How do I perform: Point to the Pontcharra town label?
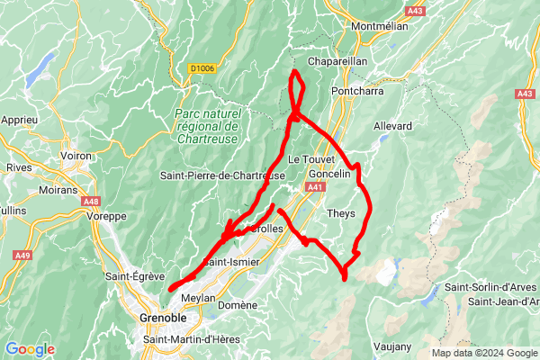(x=357, y=92)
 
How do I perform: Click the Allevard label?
(x=391, y=125)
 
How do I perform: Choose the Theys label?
(x=341, y=213)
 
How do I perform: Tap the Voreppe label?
(x=107, y=216)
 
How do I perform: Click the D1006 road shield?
(x=202, y=68)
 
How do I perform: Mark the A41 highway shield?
(x=314, y=187)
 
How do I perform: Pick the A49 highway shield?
(x=22, y=256)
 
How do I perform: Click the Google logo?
(x=30, y=349)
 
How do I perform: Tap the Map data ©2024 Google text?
(x=483, y=353)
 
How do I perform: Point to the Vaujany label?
(x=391, y=346)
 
